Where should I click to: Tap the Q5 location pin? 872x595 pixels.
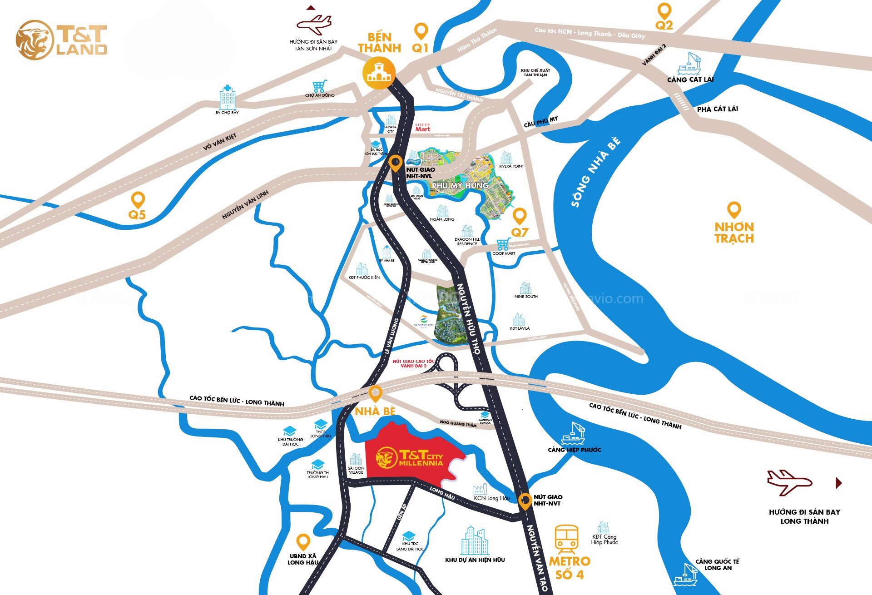tap(138, 200)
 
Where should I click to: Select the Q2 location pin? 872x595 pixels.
tap(664, 11)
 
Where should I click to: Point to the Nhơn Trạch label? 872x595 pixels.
tap(734, 233)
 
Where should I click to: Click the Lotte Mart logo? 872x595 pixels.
tap(422, 128)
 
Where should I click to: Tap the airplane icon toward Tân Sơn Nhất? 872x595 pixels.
tap(314, 25)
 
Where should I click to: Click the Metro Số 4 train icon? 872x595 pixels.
tap(566, 539)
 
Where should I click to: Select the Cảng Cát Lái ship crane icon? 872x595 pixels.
tap(689, 64)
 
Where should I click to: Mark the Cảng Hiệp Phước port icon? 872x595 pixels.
tap(573, 434)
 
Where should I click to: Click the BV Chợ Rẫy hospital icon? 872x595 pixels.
tap(227, 97)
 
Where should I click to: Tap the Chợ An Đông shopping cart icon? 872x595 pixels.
tap(319, 86)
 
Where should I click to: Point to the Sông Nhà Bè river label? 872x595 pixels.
tap(595, 172)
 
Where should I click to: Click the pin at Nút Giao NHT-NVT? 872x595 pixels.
tap(525, 501)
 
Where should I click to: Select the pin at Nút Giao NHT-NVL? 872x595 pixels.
tap(396, 163)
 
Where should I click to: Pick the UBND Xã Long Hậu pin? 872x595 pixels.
tap(303, 542)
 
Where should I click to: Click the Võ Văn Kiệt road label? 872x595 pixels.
tap(219, 142)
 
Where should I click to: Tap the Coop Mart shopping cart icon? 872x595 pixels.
tap(503, 244)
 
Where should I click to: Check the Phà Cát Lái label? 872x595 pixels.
tap(717, 109)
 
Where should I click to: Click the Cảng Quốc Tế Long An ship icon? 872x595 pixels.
tap(686, 575)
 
